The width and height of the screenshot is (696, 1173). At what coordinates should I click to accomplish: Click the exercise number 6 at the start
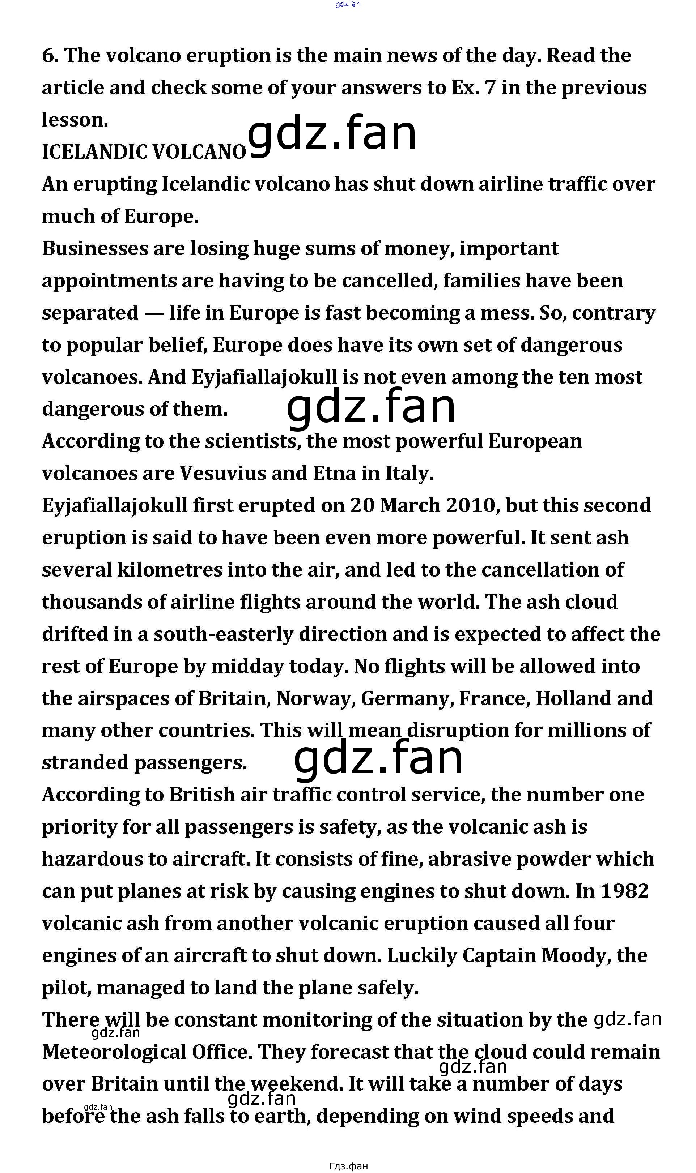pos(49,56)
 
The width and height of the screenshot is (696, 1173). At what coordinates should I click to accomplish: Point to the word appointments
pos(109,281)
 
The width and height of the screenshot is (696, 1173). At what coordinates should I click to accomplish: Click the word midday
pos(247,667)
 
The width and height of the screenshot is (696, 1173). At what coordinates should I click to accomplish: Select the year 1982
pos(624,891)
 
